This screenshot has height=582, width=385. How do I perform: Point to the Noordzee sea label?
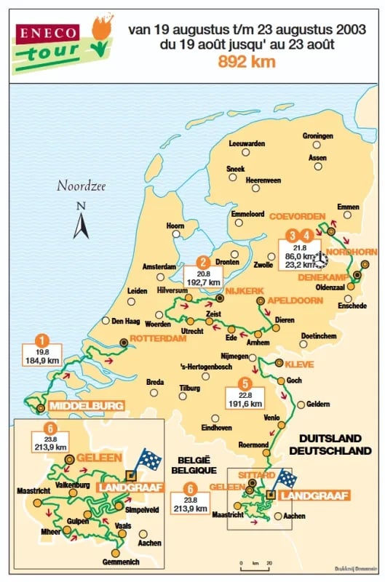[81, 186]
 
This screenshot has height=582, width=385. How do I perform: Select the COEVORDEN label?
[295, 217]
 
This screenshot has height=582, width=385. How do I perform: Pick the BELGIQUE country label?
[193, 471]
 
